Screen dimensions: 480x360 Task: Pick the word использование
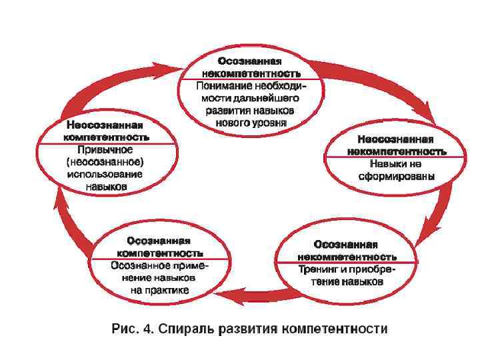[x=105, y=174]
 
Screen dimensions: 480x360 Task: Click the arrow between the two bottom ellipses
[x=247, y=294]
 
